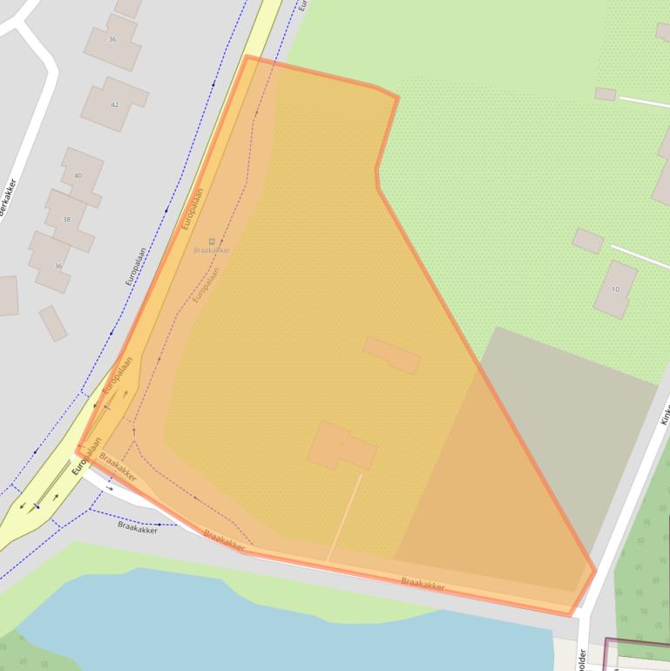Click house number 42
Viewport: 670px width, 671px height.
[114, 105]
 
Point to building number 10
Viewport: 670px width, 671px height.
[615, 289]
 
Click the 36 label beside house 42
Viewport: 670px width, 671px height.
[112, 39]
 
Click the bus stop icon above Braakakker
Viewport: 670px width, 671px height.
[211, 241]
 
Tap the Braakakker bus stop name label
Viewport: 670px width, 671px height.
[212, 250]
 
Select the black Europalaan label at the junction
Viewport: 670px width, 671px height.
[87, 455]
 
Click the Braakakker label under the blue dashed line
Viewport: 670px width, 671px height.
[138, 526]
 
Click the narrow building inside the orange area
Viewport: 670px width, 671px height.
[392, 355]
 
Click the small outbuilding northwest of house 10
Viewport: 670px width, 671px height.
[587, 241]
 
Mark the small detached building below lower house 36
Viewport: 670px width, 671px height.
[52, 322]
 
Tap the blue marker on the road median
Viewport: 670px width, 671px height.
[37, 505]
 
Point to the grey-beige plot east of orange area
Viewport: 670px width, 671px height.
[566, 418]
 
